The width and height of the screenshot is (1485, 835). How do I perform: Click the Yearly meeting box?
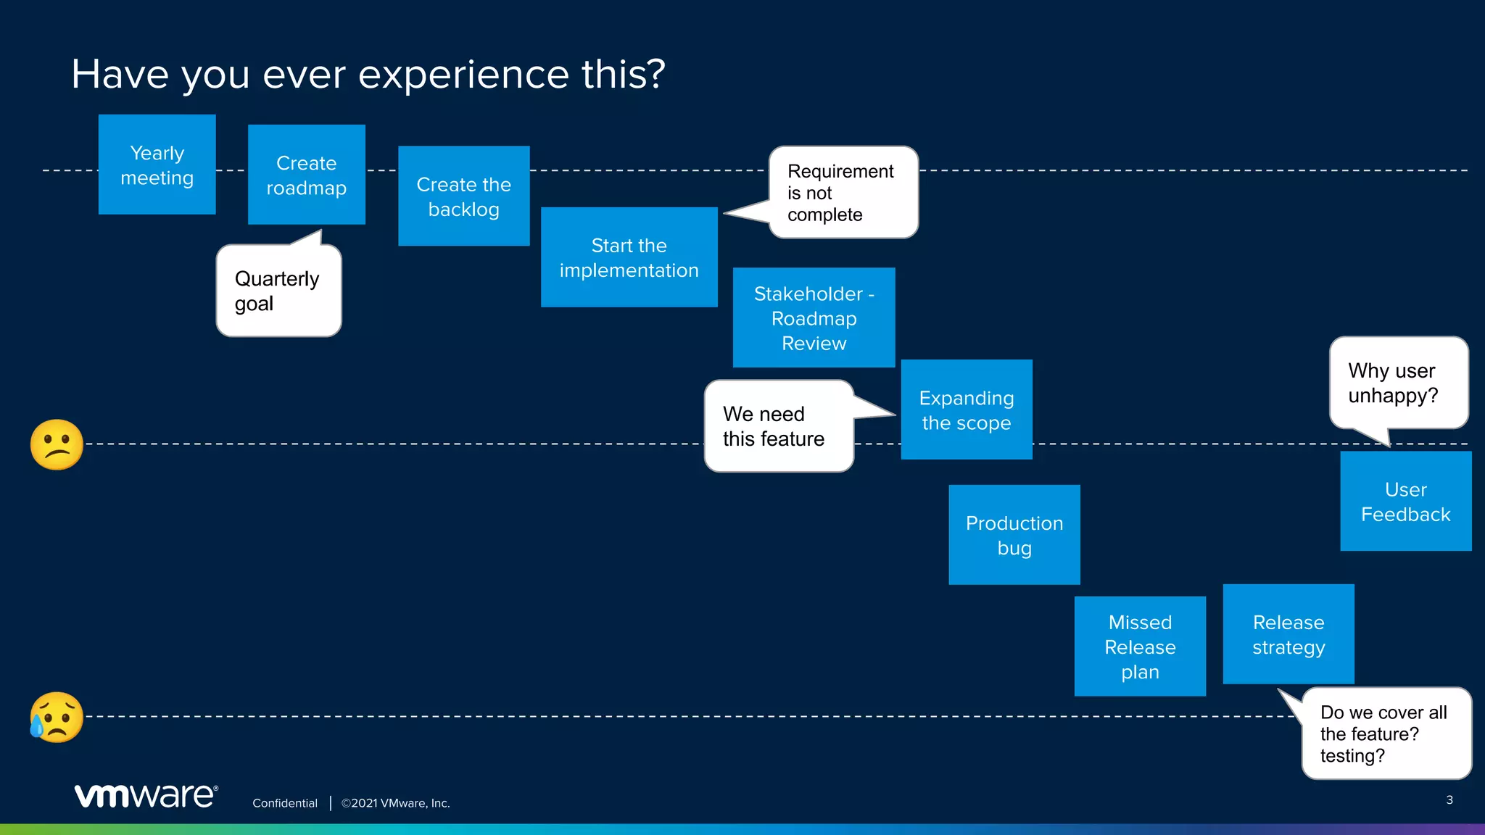(157, 165)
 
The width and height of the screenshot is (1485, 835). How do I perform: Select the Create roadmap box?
(306, 175)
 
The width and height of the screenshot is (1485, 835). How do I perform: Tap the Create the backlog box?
(463, 196)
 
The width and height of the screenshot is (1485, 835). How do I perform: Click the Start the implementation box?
(629, 257)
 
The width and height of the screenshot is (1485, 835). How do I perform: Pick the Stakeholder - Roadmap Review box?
(814, 317)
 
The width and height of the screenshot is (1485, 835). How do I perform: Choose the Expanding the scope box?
(966, 410)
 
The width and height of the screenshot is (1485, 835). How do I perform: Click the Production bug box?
(1014, 535)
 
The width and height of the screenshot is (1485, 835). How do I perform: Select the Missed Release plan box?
(1140, 647)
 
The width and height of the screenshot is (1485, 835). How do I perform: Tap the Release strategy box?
(1288, 634)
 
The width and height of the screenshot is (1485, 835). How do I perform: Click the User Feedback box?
(1405, 502)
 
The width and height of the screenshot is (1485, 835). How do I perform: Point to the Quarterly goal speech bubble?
(278, 291)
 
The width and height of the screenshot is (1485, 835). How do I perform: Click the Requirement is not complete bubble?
(843, 193)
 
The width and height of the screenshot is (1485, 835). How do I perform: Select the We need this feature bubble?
(778, 426)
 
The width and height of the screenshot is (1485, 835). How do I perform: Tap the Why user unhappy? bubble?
(1397, 383)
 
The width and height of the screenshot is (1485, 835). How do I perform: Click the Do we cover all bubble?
(1385, 734)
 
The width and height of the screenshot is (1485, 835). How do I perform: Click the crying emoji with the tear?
(57, 717)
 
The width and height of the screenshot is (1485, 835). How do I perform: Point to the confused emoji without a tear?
(57, 444)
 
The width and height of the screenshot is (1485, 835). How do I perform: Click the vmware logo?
(146, 795)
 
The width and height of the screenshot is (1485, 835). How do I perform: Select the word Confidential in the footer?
(284, 803)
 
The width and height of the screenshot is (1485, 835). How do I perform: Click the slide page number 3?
(1449, 800)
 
